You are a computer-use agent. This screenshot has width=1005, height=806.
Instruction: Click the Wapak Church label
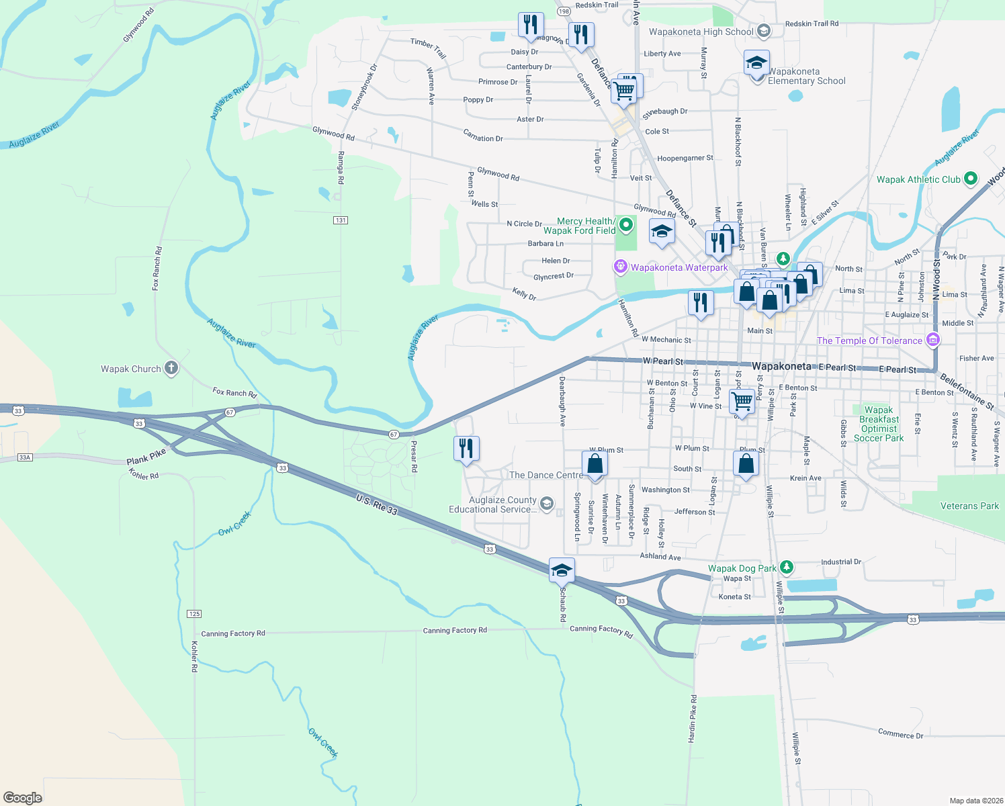131,369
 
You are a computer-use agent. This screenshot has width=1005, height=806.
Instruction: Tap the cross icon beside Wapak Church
171,368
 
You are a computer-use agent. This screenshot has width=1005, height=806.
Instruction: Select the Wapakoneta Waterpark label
679,267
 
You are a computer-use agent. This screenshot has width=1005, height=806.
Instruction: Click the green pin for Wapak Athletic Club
970,179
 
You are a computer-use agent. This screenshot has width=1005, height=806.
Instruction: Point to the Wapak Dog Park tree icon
787,568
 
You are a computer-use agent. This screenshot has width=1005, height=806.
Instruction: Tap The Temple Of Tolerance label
869,341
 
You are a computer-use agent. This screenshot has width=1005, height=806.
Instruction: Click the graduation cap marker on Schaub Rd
562,571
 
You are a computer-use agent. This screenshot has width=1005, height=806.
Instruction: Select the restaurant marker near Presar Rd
466,448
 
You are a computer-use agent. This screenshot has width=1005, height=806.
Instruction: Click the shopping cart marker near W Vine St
742,402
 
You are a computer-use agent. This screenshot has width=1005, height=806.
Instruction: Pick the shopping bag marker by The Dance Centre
595,463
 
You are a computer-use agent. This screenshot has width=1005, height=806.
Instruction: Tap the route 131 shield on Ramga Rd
341,220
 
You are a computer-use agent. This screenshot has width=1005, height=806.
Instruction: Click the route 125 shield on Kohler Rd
194,614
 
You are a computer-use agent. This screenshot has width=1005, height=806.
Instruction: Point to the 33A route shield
25,457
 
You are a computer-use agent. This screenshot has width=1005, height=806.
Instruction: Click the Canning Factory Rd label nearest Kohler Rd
233,633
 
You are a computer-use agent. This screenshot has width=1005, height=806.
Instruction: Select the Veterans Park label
969,506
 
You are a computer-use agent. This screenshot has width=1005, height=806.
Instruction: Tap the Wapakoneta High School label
701,32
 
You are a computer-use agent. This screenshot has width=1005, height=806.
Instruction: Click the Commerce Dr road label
900,733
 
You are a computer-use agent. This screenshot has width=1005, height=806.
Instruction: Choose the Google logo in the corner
23,798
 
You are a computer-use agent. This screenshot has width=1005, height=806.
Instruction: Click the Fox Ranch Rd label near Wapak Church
234,392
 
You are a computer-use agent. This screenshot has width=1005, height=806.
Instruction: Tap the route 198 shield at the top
563,11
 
